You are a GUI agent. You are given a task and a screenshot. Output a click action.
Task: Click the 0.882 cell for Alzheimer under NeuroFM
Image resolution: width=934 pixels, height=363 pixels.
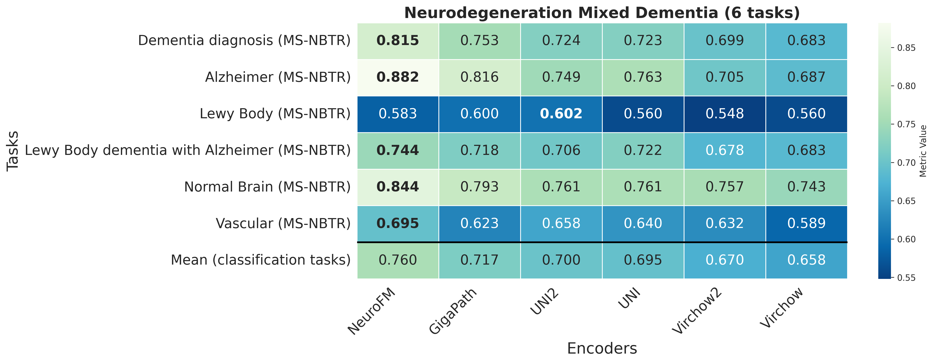coord(398,77)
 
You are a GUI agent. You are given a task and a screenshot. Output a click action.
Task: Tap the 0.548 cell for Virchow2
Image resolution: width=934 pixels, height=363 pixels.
coord(724,114)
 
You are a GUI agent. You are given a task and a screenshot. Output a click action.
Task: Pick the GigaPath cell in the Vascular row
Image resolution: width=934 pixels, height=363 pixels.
coord(479,223)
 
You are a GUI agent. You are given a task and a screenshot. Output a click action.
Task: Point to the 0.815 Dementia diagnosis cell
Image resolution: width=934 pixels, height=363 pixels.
coord(398,41)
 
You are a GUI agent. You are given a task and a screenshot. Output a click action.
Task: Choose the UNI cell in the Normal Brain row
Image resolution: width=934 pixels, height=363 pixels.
coord(643,187)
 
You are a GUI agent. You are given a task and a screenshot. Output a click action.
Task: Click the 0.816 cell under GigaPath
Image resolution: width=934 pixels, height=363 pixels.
coord(479,77)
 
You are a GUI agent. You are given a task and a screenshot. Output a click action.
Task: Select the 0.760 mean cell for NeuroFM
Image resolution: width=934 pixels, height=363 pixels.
coord(398,260)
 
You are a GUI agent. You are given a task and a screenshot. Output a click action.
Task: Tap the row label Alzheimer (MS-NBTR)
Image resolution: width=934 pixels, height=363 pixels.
coord(278,77)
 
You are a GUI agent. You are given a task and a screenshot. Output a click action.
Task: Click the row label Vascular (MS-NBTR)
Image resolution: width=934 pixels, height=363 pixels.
coord(283,223)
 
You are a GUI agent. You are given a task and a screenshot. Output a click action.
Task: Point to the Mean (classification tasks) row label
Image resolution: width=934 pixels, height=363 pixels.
coord(261,260)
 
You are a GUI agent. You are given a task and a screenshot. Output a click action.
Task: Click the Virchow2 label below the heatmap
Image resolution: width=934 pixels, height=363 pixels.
coord(697,312)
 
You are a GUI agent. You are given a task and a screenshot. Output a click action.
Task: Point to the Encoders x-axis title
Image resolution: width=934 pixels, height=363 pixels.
coord(602,348)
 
